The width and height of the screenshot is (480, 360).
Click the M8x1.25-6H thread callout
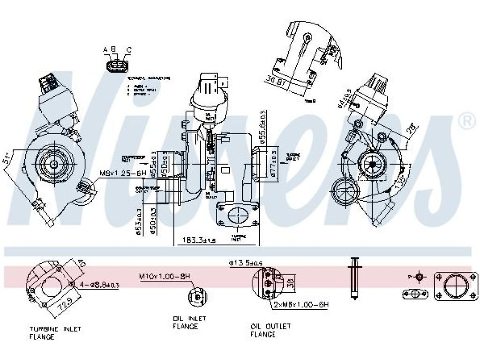point(123,173)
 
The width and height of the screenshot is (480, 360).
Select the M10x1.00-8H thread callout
point(165,277)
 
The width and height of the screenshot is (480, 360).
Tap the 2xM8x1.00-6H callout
point(301,305)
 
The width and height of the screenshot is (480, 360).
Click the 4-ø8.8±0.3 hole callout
point(99,284)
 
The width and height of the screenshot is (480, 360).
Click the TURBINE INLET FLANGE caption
point(48,332)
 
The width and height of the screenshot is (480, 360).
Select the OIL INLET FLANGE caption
point(189,322)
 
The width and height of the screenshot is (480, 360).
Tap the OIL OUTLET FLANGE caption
point(270,330)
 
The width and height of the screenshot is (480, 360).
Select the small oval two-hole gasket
point(415,294)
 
